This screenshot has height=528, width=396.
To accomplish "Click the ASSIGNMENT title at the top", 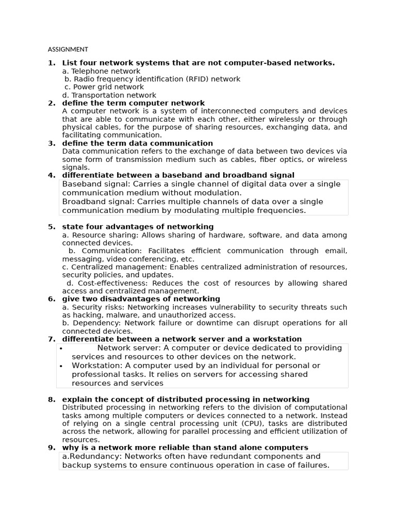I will pyautogui.click(x=68, y=49).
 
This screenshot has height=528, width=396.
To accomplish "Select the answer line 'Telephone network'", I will pyautogui.click(x=105, y=71).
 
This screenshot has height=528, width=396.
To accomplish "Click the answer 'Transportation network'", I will pyautogui.click(x=113, y=95).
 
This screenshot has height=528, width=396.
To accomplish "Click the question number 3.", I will pyautogui.click(x=51, y=143).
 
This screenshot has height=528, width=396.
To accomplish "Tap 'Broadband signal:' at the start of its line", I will pyautogui.click(x=95, y=202).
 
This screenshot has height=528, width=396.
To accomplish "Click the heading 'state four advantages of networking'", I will pyautogui.click(x=138, y=227).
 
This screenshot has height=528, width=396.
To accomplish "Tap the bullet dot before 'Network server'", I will pyautogui.click(x=61, y=349).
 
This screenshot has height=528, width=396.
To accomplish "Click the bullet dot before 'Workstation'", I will pyautogui.click(x=61, y=366).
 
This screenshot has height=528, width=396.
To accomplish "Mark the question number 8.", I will pyautogui.click(x=51, y=400).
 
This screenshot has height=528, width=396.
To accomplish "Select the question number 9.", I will pyautogui.click(x=51, y=448).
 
